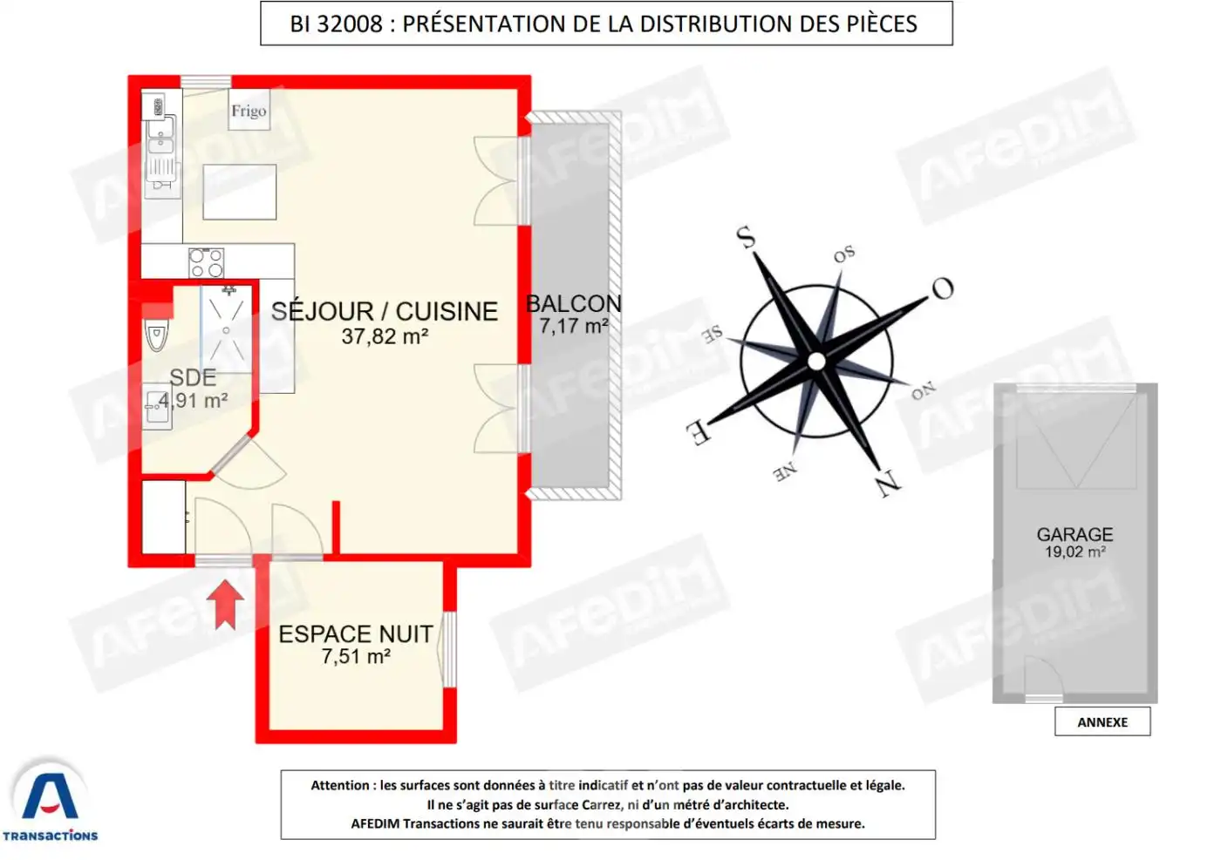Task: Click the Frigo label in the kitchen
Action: coord(249,111)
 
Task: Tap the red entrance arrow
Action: coord(226,604)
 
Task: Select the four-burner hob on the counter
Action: coord(207,262)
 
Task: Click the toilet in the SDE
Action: coord(157,335)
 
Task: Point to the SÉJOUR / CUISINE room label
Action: coord(384,311)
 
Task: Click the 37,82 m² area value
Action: coord(385,336)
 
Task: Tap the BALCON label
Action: coord(574,303)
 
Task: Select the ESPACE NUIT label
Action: coord(356,633)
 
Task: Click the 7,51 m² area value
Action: coord(356,656)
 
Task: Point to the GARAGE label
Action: coord(1074,534)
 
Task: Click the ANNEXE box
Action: coord(1102,722)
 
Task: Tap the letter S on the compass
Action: coord(746,236)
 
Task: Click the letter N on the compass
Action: coord(888,482)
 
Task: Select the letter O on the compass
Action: coord(942,288)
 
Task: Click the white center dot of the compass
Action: coord(816,361)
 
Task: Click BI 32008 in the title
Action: coord(336,24)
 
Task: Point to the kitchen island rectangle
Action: coord(240,192)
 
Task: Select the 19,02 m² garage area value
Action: coord(1075,552)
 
